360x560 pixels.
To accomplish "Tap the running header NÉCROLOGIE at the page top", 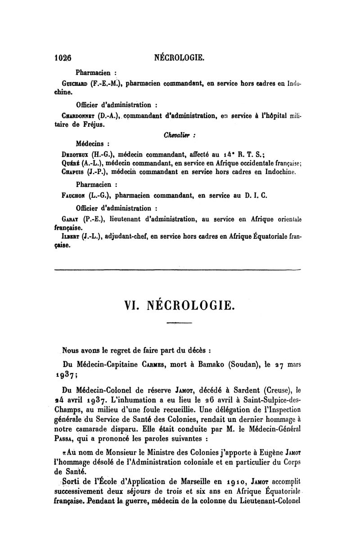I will pyautogui.click(x=180, y=58).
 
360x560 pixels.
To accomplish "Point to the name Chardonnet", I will pyautogui.click(x=80, y=116).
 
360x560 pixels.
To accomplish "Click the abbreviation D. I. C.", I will pyautogui.click(x=257, y=196).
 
